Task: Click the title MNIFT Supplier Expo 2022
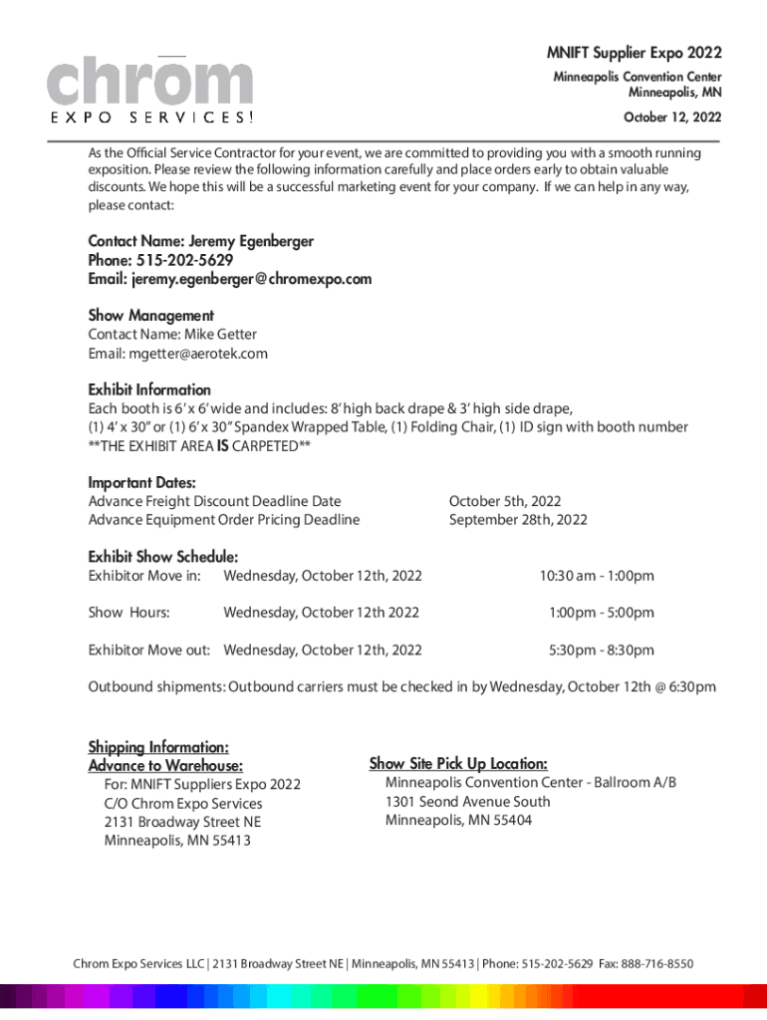pos(634,53)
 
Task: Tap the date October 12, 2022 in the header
pos(672,118)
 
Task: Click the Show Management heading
pos(150,316)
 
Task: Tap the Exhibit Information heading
pos(149,389)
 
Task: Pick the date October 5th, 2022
pos(505,501)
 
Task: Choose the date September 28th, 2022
pos(518,520)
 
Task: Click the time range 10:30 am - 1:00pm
pos(597,576)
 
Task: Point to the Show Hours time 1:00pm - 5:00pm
pos(602,613)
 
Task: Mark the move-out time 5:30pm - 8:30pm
pos(602,650)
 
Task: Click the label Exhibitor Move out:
pos(148,650)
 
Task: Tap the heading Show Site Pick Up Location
pos(457,764)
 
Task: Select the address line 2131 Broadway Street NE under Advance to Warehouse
pos(182,822)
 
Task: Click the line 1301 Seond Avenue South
pos(467,802)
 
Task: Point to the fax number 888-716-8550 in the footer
pos(651,964)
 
